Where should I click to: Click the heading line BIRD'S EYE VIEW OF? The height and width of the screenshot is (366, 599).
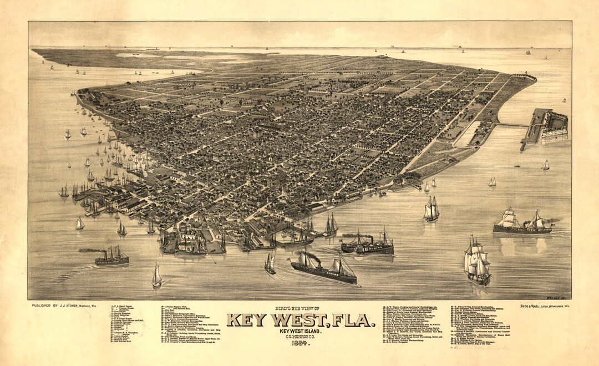click(299, 308)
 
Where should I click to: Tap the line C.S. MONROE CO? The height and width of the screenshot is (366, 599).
click(299, 335)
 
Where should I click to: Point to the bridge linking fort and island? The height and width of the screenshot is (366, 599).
click(512, 125)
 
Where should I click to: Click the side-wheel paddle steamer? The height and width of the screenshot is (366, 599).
click(367, 245)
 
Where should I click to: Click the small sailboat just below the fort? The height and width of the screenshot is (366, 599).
click(546, 165)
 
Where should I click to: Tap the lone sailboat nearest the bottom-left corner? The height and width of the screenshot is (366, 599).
click(157, 276)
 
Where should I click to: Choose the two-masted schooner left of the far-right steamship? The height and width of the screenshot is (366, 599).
click(431, 209)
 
